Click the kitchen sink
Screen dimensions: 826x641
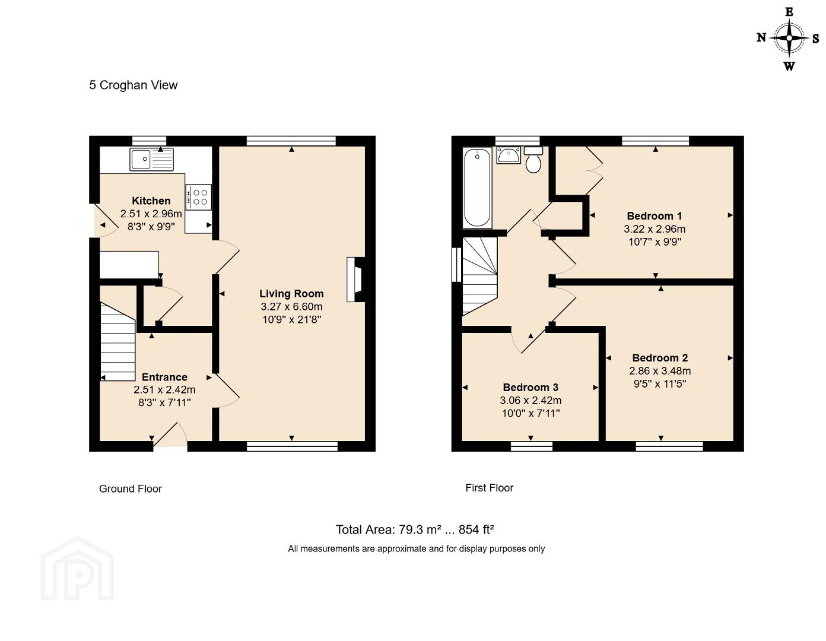point(152,159)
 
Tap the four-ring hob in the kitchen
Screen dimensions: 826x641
point(198,197)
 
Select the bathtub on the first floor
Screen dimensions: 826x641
point(477,188)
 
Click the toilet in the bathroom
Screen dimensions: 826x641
point(533,160)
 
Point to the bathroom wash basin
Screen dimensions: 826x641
point(508,156)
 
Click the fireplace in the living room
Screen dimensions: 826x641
point(354,280)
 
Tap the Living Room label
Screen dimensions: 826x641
point(291,294)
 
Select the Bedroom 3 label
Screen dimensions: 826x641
point(530,387)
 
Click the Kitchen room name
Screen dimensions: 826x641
point(151,201)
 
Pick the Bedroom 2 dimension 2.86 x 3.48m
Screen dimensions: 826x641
point(660,371)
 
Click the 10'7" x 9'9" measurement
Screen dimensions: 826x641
point(655,242)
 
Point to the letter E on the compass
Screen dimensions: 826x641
point(789,12)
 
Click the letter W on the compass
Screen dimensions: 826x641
point(789,66)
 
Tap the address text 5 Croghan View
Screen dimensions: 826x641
point(133,85)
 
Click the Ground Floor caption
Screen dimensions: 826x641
point(131,488)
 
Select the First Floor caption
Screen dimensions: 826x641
point(489,488)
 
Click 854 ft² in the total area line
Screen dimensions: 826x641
point(476,529)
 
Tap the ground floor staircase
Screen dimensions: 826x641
point(118,341)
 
